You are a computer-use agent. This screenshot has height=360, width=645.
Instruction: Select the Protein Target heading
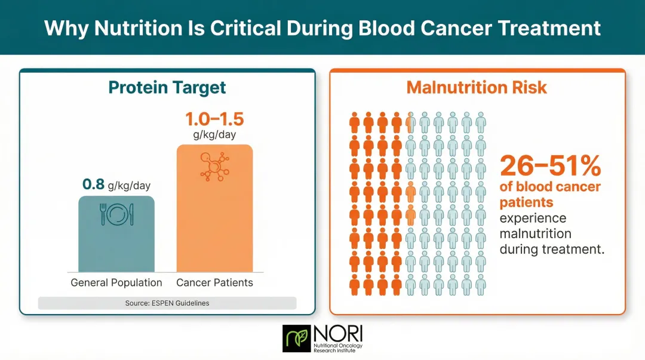pos(167,88)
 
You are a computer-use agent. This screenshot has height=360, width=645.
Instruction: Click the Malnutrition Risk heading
pos(477,88)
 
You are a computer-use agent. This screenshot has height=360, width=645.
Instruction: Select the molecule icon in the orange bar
pos(214,166)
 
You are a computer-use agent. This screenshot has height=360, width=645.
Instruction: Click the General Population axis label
pos(116,282)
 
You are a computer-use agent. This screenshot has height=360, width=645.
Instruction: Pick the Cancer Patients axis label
pos(214,282)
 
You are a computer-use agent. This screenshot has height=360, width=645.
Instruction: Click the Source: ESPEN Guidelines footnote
pos(167,303)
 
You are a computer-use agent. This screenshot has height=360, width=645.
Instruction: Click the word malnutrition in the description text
pos(535,233)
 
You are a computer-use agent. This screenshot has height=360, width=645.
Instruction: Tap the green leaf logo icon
pos(297,339)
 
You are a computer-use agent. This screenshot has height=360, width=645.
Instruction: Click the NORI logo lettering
pos(337,333)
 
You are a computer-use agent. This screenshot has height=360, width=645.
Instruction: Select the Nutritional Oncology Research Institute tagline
pos(337,347)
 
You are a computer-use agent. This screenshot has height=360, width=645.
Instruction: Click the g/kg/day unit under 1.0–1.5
pos(214,135)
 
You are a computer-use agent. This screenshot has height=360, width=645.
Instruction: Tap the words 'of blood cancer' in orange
pos(550,187)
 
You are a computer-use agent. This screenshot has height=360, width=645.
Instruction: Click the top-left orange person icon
pos(354,122)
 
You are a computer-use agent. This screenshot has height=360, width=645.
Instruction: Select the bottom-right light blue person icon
pos(481,285)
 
